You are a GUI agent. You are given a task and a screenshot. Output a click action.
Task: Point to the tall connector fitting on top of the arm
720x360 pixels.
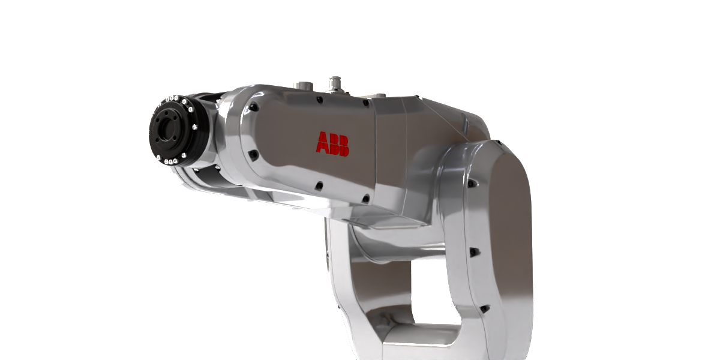(335, 84)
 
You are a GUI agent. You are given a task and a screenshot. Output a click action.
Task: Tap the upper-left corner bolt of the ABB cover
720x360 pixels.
(254, 107)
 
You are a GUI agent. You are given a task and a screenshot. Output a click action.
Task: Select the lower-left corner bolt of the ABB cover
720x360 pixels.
(254, 155)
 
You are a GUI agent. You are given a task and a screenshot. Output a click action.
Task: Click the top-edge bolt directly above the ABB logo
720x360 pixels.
(319, 100)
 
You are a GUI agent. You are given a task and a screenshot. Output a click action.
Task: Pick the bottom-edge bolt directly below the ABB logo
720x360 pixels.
(319, 185)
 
